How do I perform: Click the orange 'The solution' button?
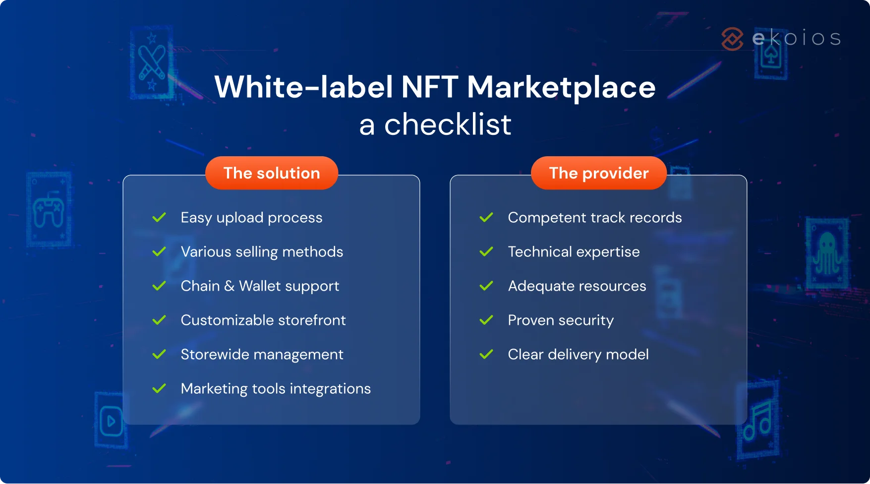pyautogui.click(x=272, y=173)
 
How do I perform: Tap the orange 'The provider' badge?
pyautogui.click(x=598, y=173)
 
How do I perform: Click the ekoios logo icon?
pyautogui.click(x=732, y=39)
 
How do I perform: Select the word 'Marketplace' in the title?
pyautogui.click(x=561, y=87)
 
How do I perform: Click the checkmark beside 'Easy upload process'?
pyautogui.click(x=159, y=217)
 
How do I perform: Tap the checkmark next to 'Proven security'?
pyautogui.click(x=486, y=320)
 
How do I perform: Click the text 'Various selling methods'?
pyautogui.click(x=262, y=252)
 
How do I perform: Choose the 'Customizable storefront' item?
pyautogui.click(x=263, y=320)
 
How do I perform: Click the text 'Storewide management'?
pyautogui.click(x=262, y=355)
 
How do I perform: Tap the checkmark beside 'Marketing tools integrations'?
pyautogui.click(x=159, y=388)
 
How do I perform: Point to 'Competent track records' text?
pyautogui.click(x=594, y=218)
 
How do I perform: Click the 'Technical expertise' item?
pyautogui.click(x=574, y=252)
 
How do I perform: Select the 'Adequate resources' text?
pyautogui.click(x=577, y=286)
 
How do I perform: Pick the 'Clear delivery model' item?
pyautogui.click(x=578, y=355)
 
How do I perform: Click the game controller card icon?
pyautogui.click(x=48, y=210)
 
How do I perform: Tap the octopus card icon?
pyautogui.click(x=827, y=253)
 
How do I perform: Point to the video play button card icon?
pyautogui.click(x=111, y=421)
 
